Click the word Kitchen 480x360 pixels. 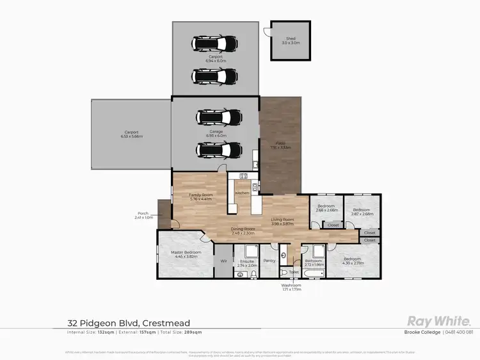(242, 193)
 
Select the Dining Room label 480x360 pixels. (243, 231)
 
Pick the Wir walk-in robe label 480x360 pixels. (223, 261)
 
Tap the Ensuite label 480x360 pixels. (247, 262)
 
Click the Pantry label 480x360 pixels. (269, 261)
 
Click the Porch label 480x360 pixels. (143, 215)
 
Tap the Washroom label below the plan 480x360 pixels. (292, 286)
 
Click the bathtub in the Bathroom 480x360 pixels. (314, 274)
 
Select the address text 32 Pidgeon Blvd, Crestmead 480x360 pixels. (129, 323)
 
